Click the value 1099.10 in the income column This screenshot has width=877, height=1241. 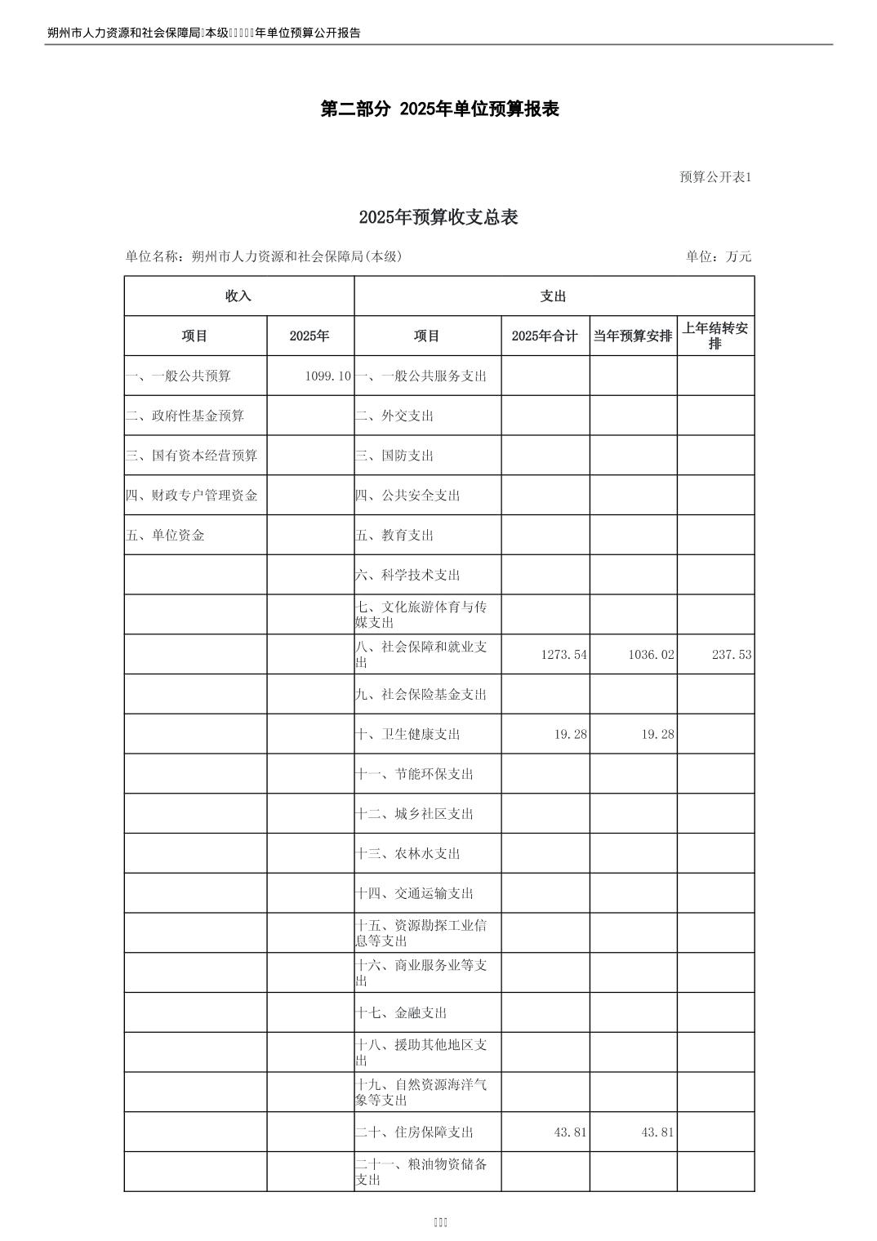(327, 376)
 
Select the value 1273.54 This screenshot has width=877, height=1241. (563, 655)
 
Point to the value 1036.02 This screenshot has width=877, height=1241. (651, 655)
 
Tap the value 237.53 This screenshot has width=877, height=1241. (731, 655)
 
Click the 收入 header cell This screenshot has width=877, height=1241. (238, 296)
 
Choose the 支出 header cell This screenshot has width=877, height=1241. (553, 296)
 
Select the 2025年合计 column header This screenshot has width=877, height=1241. (545, 336)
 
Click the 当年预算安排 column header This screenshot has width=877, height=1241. (633, 336)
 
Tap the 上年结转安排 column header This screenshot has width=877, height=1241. (715, 336)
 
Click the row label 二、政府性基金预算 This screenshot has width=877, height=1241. (185, 416)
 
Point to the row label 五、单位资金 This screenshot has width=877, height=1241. (166, 536)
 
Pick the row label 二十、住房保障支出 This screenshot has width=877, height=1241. (414, 1132)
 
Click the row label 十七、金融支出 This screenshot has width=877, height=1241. (401, 1013)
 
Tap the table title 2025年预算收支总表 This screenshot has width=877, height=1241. (438, 217)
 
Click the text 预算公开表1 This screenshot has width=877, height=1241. (715, 177)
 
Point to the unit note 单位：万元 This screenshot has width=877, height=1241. (719, 256)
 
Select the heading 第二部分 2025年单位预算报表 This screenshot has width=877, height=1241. (439, 109)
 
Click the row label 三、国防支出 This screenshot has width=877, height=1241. (394, 456)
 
